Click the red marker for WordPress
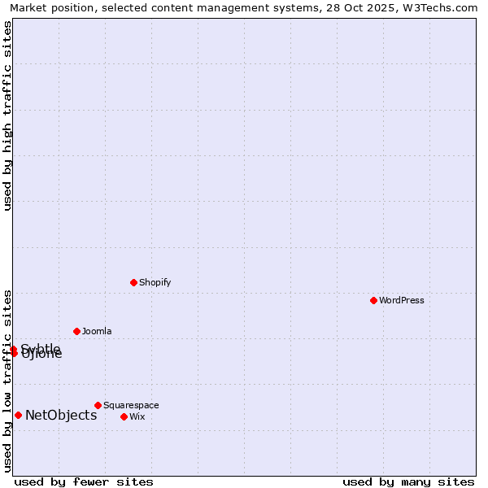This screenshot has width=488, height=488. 373,300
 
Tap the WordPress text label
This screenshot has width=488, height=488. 402,301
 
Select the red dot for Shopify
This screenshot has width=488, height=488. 133,282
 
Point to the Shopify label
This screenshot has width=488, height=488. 155,283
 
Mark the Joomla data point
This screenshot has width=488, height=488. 76,331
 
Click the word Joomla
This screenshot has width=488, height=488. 97,332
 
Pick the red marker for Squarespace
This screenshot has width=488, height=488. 98,405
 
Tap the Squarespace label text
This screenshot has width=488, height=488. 131,406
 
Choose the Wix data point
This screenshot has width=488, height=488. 124,416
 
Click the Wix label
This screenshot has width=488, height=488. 137,417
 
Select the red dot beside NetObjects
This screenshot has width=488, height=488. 18,415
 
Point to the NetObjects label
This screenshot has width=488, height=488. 61,416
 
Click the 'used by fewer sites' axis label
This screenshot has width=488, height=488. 84,481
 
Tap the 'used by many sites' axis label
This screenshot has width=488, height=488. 408,481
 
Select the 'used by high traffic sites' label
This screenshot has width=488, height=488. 7,115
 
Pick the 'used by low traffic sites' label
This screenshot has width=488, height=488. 7,380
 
